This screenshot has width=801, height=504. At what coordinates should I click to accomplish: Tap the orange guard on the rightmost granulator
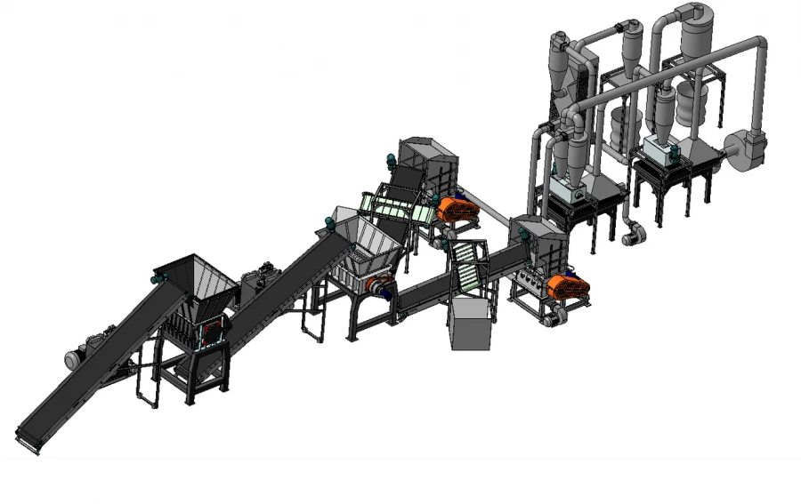point(568,286)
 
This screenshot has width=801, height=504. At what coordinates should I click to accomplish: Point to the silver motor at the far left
point(73,359)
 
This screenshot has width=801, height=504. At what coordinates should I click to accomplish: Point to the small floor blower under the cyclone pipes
point(633,234)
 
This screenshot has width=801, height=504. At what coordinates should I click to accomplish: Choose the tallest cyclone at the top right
point(695,36)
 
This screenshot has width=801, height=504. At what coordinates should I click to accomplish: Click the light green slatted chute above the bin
point(466,266)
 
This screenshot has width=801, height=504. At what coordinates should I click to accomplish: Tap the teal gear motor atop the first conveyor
point(159,278)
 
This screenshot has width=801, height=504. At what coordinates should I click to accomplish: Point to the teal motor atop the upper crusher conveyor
point(391,163)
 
